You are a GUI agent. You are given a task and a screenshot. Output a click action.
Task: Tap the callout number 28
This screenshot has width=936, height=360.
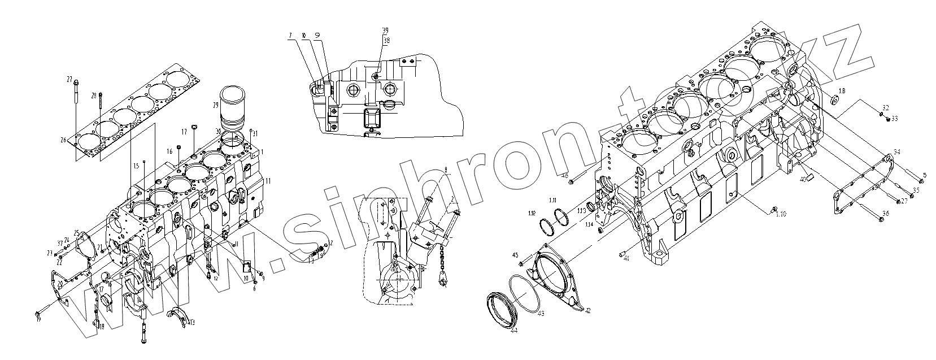[93, 96]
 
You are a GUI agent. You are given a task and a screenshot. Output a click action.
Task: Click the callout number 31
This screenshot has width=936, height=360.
[255, 133]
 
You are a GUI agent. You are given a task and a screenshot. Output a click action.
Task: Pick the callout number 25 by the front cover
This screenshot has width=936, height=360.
[76, 232]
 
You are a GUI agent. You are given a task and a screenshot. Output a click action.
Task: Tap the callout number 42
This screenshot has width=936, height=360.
[587, 311]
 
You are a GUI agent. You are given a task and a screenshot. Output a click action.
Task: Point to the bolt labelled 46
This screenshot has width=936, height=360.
[572, 181]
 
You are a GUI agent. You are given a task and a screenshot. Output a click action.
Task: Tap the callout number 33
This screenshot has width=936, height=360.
[894, 118]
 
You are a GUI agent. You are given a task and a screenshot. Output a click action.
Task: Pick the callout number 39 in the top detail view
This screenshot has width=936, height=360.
[385, 30]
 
